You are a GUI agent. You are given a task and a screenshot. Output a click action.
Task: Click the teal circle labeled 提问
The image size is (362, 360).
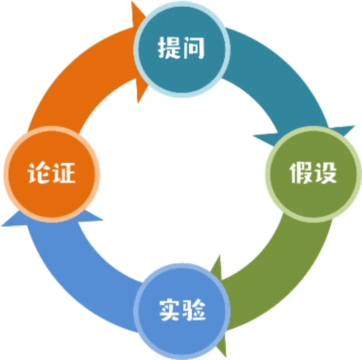coord(182,49)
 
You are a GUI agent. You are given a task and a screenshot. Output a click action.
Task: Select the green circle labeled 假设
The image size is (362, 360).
coord(314,174)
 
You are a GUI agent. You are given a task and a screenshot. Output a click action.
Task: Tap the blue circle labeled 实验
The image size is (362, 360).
coord(182,311)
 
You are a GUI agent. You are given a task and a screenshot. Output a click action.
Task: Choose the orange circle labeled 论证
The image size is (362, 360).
coord(52,174)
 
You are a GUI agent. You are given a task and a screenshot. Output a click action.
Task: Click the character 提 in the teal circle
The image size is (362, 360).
coord(169,47)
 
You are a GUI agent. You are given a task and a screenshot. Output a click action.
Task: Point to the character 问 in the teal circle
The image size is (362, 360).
coord(193,47)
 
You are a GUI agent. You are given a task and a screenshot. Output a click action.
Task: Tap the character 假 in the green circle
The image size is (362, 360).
coord(301,172)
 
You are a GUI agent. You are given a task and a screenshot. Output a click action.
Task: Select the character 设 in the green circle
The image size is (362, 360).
coord(325,172)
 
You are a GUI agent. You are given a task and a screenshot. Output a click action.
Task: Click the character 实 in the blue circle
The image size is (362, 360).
coord(170,310)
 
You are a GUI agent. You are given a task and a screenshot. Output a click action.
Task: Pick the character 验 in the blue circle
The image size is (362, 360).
coord(194,310)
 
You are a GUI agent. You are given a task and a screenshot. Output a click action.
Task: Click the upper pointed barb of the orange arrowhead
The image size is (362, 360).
coord(132,2)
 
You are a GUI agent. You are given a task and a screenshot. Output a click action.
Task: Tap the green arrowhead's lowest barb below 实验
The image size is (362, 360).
coord(226,357)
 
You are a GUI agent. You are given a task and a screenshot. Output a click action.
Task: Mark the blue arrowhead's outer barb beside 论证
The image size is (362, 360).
coord(2,225)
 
